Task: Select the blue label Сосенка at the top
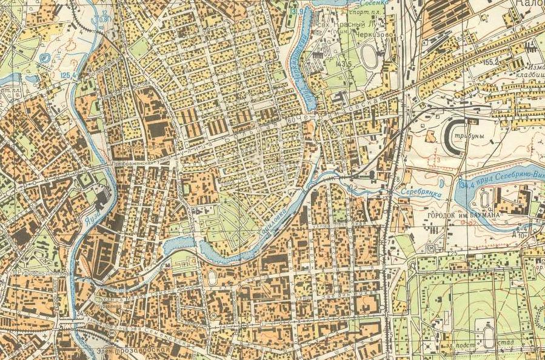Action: (359, 3)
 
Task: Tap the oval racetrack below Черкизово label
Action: (368, 56)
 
